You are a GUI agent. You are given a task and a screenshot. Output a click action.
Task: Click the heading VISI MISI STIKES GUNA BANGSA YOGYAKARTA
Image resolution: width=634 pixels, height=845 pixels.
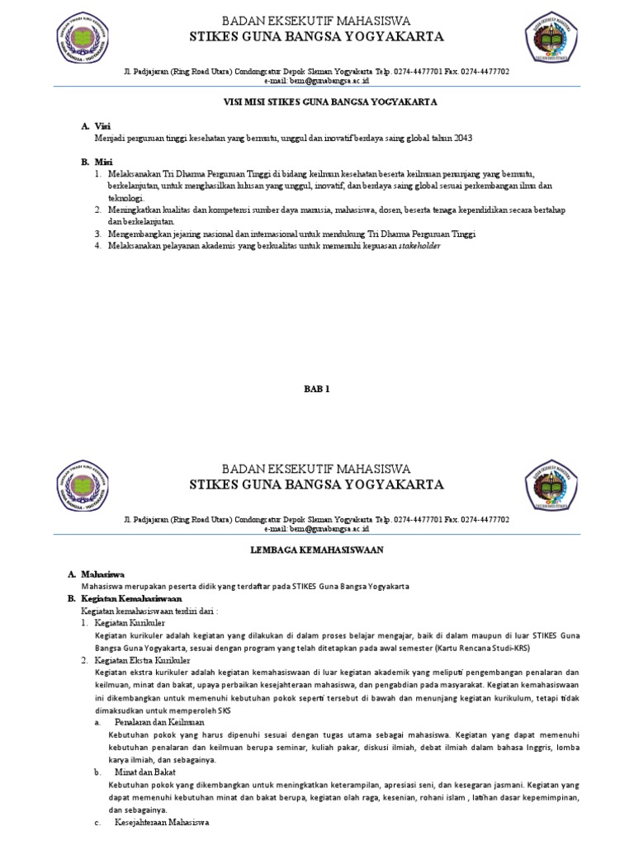318,102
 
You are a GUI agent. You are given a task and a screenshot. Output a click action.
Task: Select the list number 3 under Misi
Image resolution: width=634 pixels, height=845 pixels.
97,234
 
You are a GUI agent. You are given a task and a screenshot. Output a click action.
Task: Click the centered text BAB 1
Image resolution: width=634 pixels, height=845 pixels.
317,388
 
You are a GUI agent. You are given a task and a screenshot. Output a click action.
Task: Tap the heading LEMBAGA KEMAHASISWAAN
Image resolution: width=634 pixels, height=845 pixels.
317,549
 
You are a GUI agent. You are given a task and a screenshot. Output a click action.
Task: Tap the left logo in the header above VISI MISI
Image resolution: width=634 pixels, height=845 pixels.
83,38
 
